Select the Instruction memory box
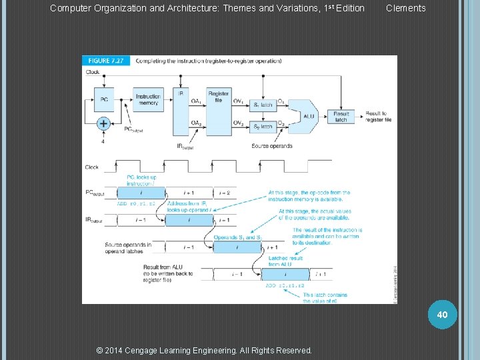pos(147,99)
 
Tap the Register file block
pos(219,98)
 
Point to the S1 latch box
pos(263,105)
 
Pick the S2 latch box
pos(263,126)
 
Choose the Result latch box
pos(341,117)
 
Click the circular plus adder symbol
pos(103,123)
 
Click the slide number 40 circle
pos(443,313)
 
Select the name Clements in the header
pos(405,8)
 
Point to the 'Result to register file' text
pos(378,117)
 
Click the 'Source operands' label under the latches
pos(271,146)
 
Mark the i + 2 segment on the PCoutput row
pos(224,193)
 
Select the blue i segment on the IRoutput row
pos(189,220)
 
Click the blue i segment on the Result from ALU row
pos(286,273)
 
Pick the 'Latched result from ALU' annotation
pos(285,261)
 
